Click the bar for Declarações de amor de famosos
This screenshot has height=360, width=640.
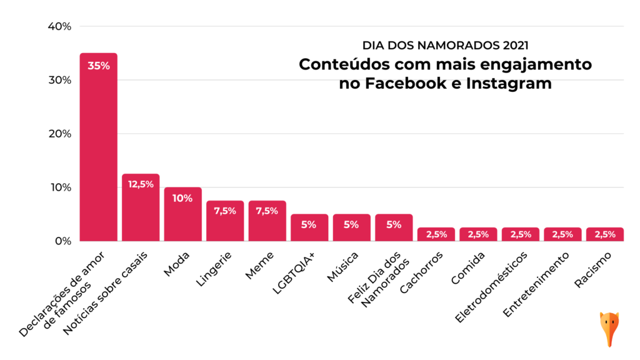point(98,150)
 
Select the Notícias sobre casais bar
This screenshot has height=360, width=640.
point(141,209)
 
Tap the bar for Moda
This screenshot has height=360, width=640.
point(183,216)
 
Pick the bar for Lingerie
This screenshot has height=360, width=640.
point(225,222)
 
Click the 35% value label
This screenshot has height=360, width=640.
point(98,66)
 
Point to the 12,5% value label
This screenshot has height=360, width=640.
point(141,184)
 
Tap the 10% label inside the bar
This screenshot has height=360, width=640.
point(183,198)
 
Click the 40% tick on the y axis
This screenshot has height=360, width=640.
point(60,27)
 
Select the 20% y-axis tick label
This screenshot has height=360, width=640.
point(60,134)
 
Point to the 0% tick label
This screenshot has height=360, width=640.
point(63,241)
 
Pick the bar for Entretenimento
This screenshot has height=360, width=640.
point(562,234)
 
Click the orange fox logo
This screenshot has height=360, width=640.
point(609,328)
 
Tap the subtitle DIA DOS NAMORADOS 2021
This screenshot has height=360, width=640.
point(445,46)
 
